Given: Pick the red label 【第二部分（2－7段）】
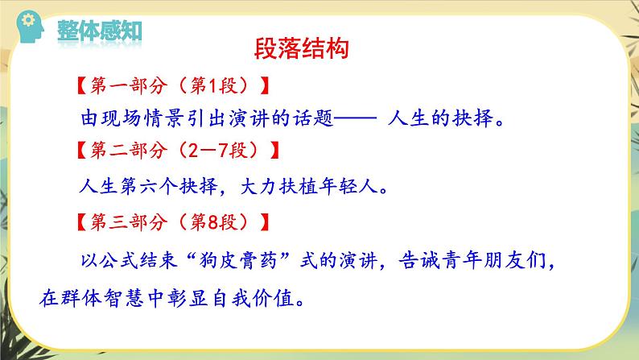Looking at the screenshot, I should [x=175, y=151].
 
